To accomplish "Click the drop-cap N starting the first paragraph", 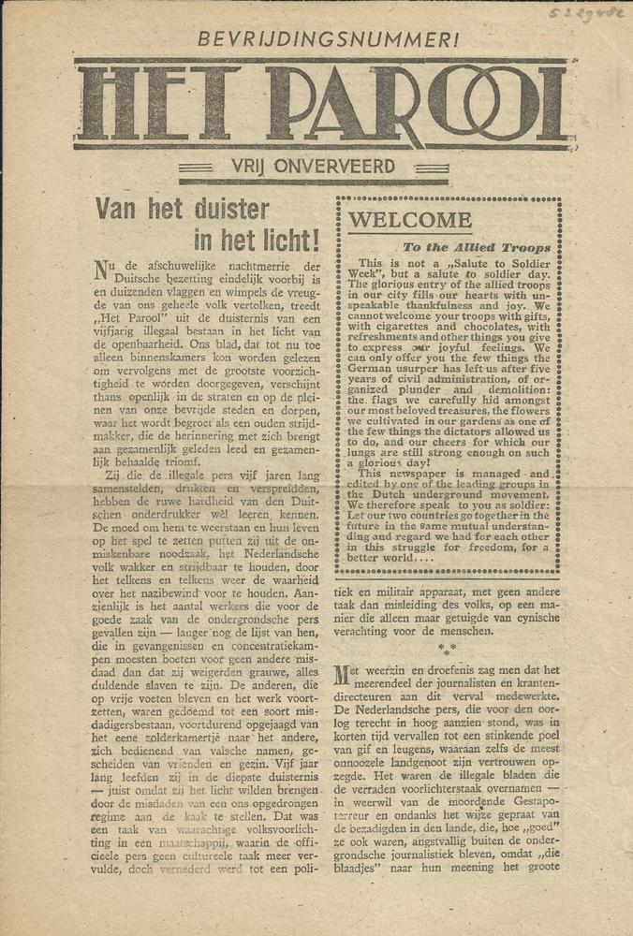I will (x=102, y=271).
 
